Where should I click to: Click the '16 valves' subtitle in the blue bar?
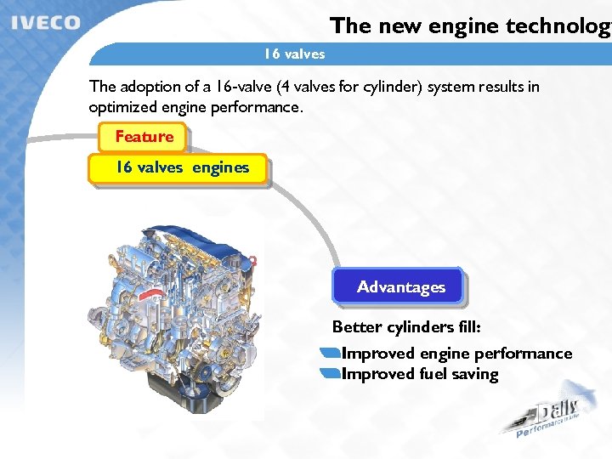point(294,54)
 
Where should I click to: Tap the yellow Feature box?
point(144,136)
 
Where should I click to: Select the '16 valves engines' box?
point(182,167)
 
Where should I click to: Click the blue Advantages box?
point(400,287)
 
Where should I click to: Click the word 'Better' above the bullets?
point(357,327)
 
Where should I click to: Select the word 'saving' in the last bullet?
point(476,374)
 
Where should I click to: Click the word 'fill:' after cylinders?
point(466,327)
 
